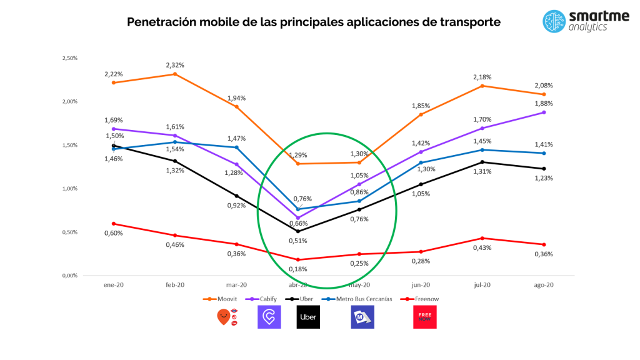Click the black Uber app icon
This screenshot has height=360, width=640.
(x=308, y=317)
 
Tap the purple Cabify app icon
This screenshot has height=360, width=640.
(x=269, y=317)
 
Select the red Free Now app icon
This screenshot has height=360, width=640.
(x=424, y=317)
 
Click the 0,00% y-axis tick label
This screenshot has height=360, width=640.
(x=69, y=276)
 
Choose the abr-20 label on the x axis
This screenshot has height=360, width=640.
(x=297, y=285)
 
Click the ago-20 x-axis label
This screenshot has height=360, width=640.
(x=544, y=285)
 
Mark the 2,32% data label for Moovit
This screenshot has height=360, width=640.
(x=175, y=65)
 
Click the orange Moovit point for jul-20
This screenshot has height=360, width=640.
(x=482, y=86)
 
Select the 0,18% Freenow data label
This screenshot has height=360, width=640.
(x=297, y=269)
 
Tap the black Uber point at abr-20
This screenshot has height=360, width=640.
(x=297, y=231)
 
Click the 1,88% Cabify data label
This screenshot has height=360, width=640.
(x=544, y=103)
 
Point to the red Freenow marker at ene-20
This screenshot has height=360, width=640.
(x=114, y=224)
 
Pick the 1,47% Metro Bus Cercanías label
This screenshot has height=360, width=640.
(x=236, y=138)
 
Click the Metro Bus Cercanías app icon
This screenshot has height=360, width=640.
(x=362, y=317)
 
